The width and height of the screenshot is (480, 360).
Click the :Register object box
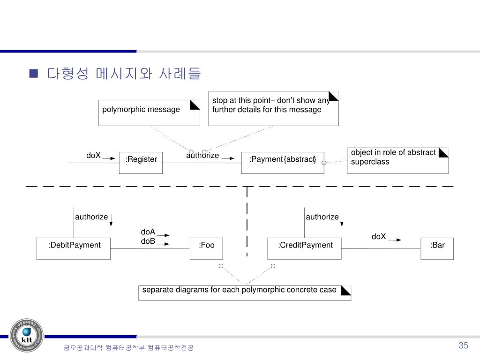tap(141, 163)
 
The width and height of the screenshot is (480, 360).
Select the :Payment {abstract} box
tap(282, 163)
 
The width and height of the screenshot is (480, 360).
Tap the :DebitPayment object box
tap(74, 248)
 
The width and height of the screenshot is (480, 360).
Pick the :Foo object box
tap(206, 248)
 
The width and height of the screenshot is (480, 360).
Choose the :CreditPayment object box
tap(305, 248)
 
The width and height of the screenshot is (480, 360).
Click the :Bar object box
tap(437, 248)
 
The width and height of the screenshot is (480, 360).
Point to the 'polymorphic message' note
tap(149, 112)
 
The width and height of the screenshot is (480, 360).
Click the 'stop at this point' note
tap(273, 108)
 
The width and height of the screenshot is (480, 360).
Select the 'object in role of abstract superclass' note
tap(397, 160)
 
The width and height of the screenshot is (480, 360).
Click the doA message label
tap(148, 232)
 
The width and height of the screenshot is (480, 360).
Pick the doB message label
tap(148, 241)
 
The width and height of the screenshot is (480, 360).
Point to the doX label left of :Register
tap(93, 155)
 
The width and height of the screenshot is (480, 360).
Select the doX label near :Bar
tap(379, 237)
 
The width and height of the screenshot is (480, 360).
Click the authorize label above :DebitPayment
tap(91, 217)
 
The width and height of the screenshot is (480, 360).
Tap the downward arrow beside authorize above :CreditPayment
tap(342, 219)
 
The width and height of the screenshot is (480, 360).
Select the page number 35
tap(463, 345)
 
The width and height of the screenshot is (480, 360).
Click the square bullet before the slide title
tap(33, 74)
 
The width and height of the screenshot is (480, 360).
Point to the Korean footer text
tap(128, 347)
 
